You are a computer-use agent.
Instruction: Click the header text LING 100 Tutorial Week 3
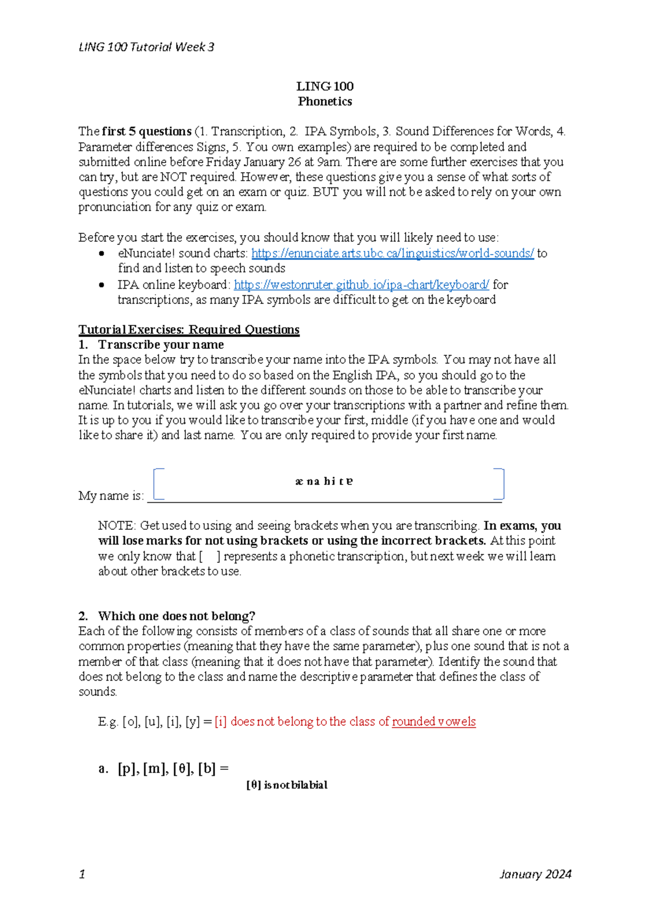pos(146,47)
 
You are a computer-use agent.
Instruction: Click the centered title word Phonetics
pos(324,101)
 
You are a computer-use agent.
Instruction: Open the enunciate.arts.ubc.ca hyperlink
pos(392,253)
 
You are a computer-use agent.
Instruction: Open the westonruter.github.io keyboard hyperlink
pos(361,284)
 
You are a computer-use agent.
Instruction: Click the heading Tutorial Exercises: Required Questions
pos(188,329)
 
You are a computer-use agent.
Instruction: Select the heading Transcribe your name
pos(160,345)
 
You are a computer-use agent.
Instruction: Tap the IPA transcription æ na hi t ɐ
pos(324,481)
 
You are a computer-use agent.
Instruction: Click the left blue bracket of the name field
pos(158,483)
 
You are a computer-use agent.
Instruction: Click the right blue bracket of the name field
pos(500,483)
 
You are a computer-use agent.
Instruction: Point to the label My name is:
pos(111,496)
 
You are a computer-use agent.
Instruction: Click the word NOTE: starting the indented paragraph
pos(116,526)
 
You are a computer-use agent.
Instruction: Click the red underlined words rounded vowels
pos(433,722)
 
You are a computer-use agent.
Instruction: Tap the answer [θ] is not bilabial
pos(287,785)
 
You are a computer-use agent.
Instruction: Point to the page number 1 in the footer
pos(82,874)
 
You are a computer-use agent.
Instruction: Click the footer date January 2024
pos(535,874)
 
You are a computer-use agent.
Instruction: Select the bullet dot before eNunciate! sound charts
pos(101,254)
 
